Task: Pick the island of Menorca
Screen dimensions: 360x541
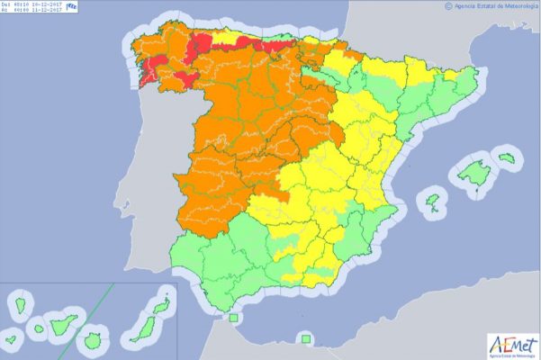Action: [x=506, y=158]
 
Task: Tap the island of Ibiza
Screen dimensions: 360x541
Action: [x=433, y=200]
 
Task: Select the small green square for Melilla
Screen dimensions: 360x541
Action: [x=306, y=338]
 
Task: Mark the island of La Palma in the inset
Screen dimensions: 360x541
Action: [x=19, y=305]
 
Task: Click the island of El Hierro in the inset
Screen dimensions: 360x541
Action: [x=12, y=341]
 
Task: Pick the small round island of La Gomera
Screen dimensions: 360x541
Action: [x=39, y=328]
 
